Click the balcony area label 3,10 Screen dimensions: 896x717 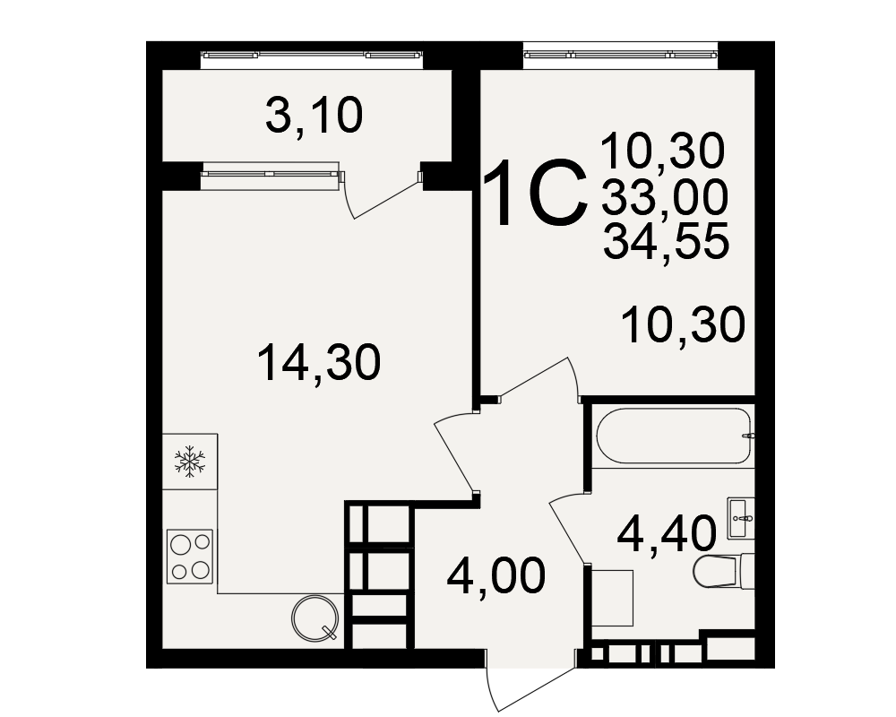tap(314, 117)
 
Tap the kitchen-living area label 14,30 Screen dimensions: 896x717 tap(319, 362)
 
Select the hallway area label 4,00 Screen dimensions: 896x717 tap(496, 576)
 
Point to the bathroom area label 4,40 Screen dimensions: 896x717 tap(667, 534)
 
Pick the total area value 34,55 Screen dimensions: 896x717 tap(667, 241)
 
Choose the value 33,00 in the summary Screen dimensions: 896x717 tap(665, 196)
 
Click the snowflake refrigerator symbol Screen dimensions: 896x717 tap(190, 462)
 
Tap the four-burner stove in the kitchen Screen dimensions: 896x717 tap(190, 557)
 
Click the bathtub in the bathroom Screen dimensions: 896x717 tap(673, 436)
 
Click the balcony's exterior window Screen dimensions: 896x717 tap(313, 55)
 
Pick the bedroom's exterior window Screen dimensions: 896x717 tap(621, 55)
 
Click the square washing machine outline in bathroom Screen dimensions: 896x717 tap(613, 598)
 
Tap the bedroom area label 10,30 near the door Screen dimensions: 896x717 tap(684, 324)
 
